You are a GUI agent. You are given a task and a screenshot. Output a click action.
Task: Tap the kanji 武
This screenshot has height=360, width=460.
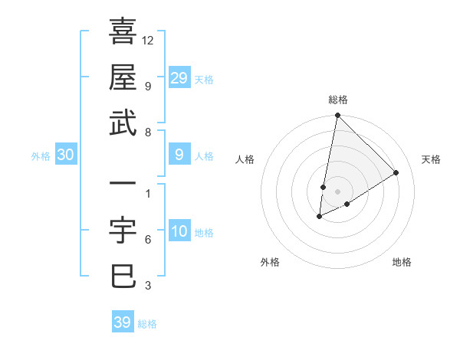123,123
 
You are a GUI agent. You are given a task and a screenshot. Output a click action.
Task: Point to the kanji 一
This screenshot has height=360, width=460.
123,185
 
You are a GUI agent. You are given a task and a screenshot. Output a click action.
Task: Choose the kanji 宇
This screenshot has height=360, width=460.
123,231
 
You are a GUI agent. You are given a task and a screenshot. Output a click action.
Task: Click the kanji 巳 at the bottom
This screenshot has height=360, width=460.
123,277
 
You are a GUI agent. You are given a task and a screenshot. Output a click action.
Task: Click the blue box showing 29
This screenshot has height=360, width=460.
179,77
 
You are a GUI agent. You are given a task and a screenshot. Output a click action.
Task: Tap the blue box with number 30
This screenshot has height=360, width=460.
65,155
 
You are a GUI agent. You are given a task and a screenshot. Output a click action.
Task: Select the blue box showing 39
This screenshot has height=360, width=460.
122,322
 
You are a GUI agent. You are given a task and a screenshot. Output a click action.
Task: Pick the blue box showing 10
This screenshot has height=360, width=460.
179,231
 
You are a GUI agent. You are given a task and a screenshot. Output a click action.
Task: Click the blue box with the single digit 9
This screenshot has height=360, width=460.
179,155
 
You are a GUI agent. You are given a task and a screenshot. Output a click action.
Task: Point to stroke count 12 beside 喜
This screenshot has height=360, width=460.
148,40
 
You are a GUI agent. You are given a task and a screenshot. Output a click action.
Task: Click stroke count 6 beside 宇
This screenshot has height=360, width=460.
148,240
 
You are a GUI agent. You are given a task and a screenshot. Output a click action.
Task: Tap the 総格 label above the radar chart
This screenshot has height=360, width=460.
337,100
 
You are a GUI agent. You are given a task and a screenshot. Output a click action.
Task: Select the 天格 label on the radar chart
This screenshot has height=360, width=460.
431,159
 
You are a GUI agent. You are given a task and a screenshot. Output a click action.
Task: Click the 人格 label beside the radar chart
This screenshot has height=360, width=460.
245,159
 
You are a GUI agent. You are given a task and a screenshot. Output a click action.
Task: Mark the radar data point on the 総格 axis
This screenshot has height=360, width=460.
337,116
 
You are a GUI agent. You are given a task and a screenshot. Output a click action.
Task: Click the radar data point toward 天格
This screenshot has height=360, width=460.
396,173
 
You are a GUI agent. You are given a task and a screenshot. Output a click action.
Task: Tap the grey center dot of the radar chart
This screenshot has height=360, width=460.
337,191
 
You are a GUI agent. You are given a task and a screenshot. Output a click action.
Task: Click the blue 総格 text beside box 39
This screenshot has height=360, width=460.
147,324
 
